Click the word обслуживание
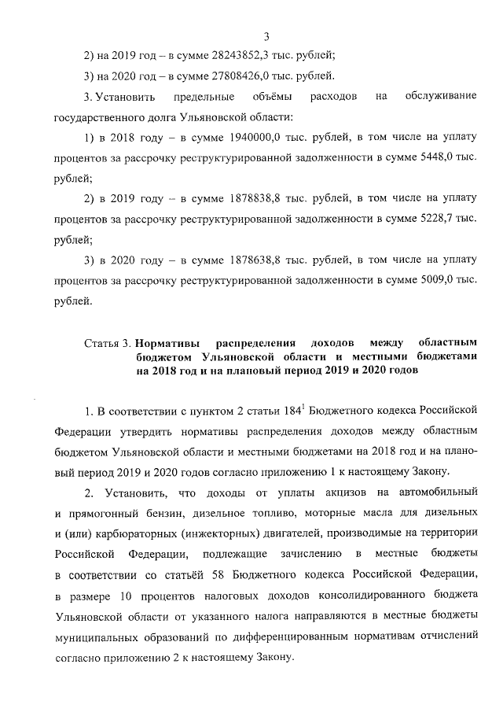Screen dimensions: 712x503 click(x=442, y=97)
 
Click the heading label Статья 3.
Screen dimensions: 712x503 click(x=107, y=344)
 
